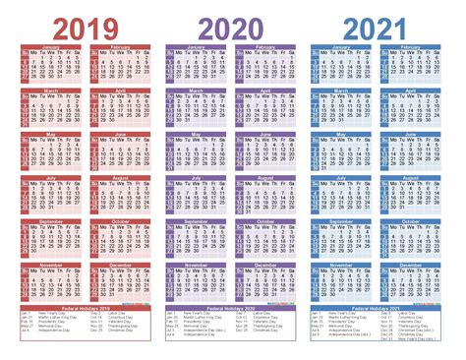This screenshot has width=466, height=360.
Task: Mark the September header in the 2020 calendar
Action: pos(197,221)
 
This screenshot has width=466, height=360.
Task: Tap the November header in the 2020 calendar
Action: pos(197,266)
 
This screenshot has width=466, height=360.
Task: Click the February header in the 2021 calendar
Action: pos(412,46)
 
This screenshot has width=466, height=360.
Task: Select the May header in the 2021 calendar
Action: pos(342,134)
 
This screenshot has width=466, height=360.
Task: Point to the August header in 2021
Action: pos(412,178)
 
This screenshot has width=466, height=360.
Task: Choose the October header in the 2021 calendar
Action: pos(412,221)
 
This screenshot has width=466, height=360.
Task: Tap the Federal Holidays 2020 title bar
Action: pos(231,308)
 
